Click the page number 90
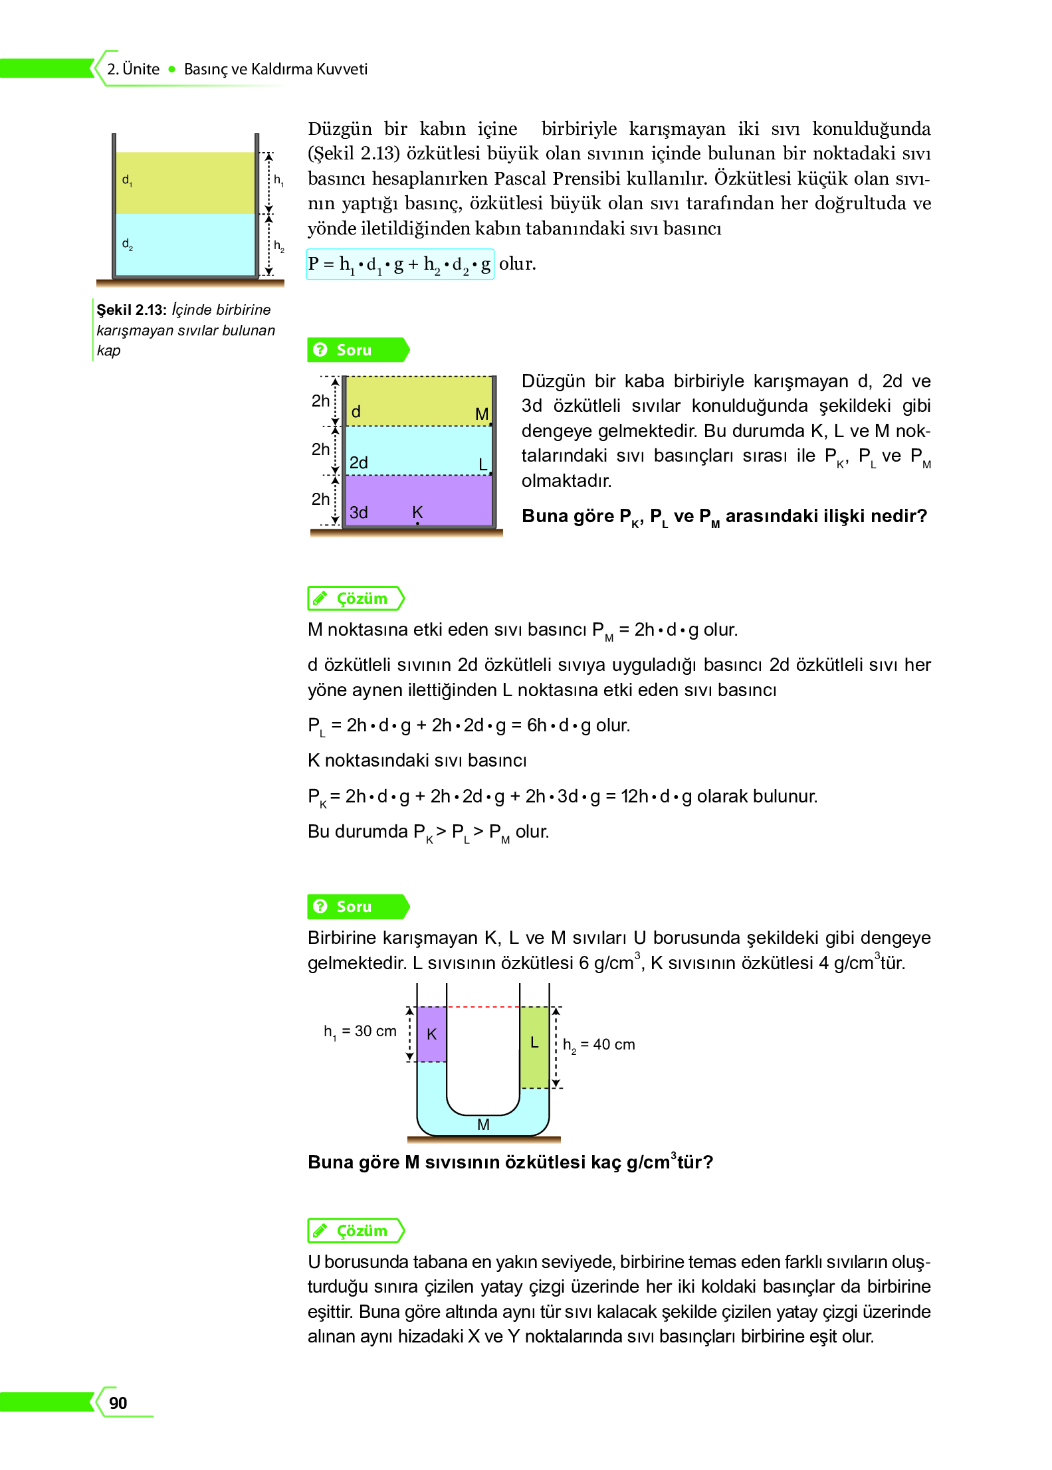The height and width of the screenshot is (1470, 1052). pos(118,1402)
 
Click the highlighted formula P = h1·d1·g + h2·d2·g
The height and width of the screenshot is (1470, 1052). pos(399,264)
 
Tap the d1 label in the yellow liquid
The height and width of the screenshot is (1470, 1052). pos(127,180)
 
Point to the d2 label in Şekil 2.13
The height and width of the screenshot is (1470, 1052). pos(127,244)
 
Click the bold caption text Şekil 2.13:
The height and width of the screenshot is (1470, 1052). pos(131,310)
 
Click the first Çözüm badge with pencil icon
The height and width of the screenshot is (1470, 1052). pos(356,598)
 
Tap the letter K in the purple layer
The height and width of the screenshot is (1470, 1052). pos(417,511)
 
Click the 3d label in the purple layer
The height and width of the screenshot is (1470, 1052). pos(359,512)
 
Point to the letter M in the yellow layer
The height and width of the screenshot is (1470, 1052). pos(482,414)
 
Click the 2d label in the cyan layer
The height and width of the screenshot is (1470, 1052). pos(359,462)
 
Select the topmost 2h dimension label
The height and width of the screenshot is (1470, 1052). pos(320,401)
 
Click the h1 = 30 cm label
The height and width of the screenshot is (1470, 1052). pos(360,1031)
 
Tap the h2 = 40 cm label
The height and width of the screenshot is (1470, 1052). pos(598,1044)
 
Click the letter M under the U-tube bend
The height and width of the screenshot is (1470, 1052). pos(483,1124)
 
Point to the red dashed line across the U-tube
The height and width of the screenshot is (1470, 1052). pos(483,1007)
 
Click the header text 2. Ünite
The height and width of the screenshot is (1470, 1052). pos(133,69)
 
